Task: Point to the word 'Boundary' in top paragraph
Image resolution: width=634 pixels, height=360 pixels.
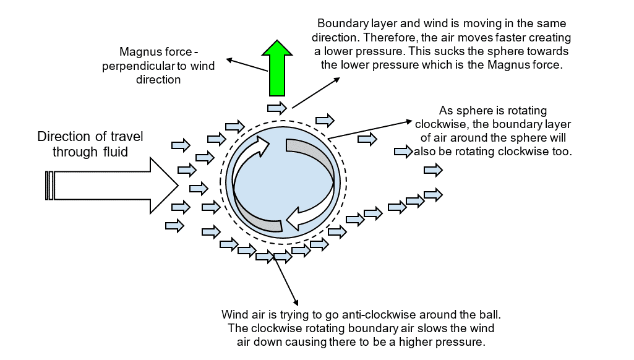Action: [339, 24]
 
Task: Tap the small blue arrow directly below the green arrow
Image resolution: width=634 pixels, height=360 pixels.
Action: [278, 108]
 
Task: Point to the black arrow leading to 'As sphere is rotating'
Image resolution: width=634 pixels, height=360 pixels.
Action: [371, 128]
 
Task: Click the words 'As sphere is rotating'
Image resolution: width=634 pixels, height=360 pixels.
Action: [492, 111]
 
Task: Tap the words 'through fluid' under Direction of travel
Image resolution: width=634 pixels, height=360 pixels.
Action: [90, 151]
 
